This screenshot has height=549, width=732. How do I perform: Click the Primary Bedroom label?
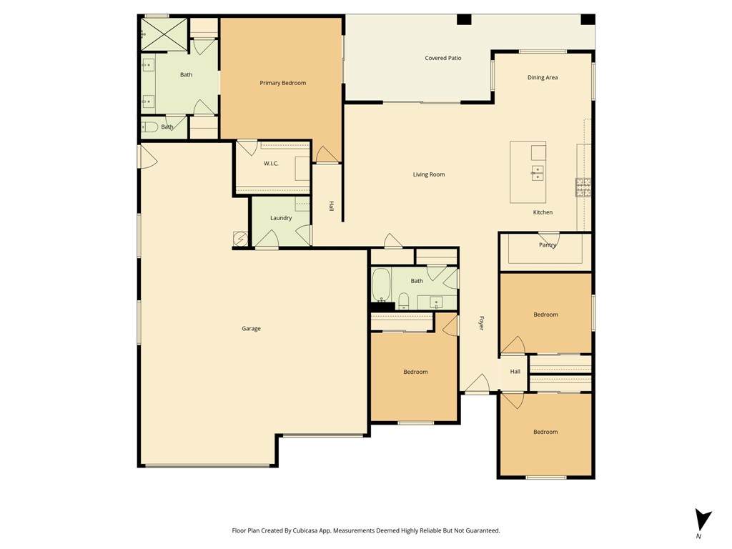click(x=283, y=83)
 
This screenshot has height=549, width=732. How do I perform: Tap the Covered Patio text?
click(x=443, y=58)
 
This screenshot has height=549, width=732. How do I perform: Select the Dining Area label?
click(x=543, y=77)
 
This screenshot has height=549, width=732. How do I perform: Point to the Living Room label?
click(x=429, y=174)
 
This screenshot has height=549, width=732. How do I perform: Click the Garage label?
click(x=251, y=329)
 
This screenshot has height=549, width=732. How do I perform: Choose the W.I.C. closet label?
click(x=271, y=164)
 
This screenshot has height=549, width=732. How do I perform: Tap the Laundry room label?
click(x=281, y=218)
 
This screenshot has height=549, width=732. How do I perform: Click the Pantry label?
click(x=548, y=244)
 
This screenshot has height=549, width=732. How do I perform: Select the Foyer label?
click(x=481, y=323)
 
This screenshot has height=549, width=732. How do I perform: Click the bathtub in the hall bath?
click(x=381, y=285)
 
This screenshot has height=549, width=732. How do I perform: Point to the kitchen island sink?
click(x=537, y=173)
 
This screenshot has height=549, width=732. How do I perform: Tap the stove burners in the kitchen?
click(x=583, y=188)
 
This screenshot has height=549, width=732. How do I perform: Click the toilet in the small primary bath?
click(x=150, y=127)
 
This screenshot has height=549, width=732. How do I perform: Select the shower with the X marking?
click(x=164, y=34)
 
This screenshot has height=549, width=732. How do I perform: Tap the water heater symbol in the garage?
click(x=240, y=239)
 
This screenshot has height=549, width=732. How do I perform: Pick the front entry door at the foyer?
click(x=477, y=384)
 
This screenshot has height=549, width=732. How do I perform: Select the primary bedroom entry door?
click(x=327, y=155)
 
